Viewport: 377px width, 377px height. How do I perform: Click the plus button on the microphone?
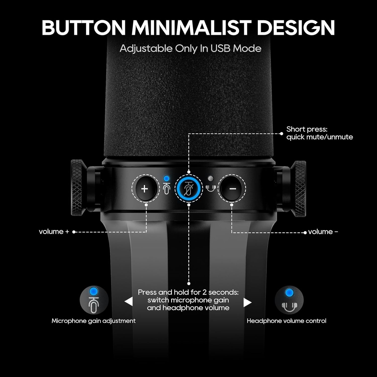coord(145,189)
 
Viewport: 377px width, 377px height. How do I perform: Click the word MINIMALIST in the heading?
coord(191,27)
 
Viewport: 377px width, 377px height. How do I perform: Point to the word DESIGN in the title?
coord(296,27)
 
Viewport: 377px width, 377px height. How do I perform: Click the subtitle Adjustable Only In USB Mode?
coord(191,49)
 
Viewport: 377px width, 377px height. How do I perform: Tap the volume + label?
coord(54,231)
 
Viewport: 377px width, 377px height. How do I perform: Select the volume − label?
coord(323,231)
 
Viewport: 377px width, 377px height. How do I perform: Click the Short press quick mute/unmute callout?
coord(319,133)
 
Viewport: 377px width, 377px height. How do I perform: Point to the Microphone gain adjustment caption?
coord(93,321)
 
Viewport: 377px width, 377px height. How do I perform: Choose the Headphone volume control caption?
coord(287,321)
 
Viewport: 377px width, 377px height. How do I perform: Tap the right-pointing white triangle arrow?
coord(248,303)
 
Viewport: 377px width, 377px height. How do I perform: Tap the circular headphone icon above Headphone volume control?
coord(289,300)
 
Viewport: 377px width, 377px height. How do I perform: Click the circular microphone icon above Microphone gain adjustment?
coord(94,300)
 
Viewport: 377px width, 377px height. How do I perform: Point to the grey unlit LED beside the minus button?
coord(211,178)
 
